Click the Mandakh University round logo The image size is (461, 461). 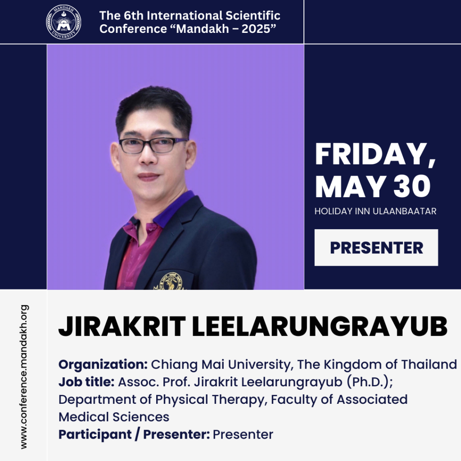pyautogui.click(x=63, y=22)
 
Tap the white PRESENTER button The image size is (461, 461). pyautogui.click(x=376, y=248)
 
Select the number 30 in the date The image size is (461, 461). pyautogui.click(x=412, y=186)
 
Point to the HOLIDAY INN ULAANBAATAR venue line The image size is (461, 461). pyautogui.click(x=375, y=211)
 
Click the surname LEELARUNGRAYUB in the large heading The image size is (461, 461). pyautogui.click(x=320, y=326)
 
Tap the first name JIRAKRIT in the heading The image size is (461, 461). pyautogui.click(x=122, y=326)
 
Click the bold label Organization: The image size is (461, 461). pyautogui.click(x=103, y=365)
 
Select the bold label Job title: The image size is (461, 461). pyautogui.click(x=86, y=382)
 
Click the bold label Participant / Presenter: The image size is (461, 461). pyautogui.click(x=134, y=434)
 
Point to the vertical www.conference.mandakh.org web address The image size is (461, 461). pyautogui.click(x=24, y=377)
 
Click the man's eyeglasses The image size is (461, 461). pyautogui.click(x=153, y=145)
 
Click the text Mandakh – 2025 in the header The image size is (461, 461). pyautogui.click(x=226, y=29)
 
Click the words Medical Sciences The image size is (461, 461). pyautogui.click(x=114, y=417)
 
